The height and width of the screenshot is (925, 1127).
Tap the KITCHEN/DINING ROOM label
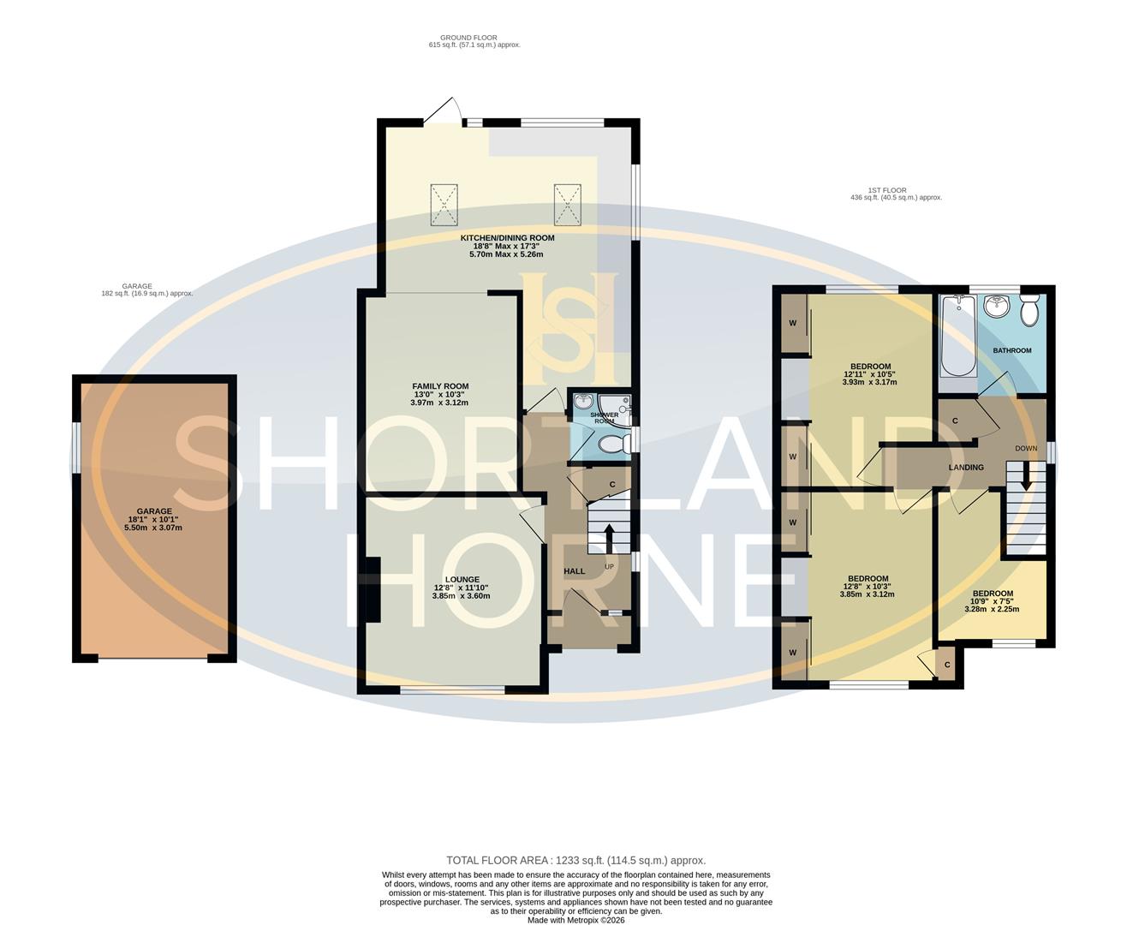[x=508, y=237]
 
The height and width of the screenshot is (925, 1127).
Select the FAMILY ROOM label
[x=439, y=386]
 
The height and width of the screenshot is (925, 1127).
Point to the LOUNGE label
[x=461, y=579]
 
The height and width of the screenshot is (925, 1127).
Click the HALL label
[x=574, y=571]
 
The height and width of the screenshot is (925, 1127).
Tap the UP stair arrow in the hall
[x=609, y=536]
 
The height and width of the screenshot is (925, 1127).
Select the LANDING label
[x=966, y=467]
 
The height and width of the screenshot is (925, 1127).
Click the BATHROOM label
[x=1012, y=350]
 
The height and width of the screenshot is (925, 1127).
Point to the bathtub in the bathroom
[x=957, y=338]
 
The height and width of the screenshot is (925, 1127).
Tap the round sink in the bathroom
[x=996, y=307]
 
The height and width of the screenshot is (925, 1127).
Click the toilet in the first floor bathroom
[x=1029, y=310]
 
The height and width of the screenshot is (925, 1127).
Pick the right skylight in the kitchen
[x=567, y=204]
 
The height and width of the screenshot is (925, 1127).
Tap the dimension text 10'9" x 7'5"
[x=993, y=601]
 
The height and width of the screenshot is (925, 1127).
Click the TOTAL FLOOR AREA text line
[x=575, y=860]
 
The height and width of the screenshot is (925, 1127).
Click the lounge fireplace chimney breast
[x=372, y=591]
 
